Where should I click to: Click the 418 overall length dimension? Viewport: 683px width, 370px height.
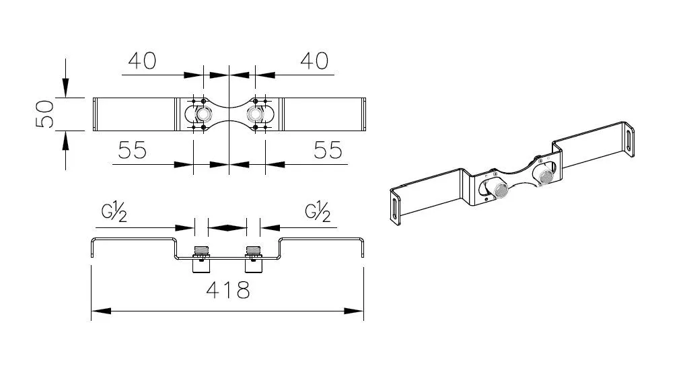tap(228, 289)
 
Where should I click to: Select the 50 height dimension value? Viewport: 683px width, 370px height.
tap(45, 114)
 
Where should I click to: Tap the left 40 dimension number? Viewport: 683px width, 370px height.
tap(142, 61)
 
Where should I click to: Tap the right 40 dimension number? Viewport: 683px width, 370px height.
tap(314, 61)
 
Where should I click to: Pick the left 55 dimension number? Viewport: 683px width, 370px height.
tap(133, 151)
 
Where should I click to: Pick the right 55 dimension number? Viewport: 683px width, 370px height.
tap(328, 151)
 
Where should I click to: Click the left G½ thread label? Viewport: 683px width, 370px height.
tap(114, 211)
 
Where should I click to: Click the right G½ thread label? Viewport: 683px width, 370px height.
tap(318, 211)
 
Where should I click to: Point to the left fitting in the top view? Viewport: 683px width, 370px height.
tap(203, 114)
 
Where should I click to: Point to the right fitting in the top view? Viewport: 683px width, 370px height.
tap(255, 114)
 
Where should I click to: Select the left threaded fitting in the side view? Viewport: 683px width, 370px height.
tap(201, 260)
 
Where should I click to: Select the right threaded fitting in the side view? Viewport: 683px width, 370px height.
tap(254, 260)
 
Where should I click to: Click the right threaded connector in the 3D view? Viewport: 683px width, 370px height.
tap(545, 177)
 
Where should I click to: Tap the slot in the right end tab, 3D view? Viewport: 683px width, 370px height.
tap(628, 138)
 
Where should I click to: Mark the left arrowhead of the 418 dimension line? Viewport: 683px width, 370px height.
tap(101, 311)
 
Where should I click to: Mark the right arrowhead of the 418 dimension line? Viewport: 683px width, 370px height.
tap(354, 311)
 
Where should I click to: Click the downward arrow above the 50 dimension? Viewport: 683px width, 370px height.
tap(66, 87)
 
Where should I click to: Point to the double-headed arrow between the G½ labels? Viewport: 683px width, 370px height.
tap(227, 227)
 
